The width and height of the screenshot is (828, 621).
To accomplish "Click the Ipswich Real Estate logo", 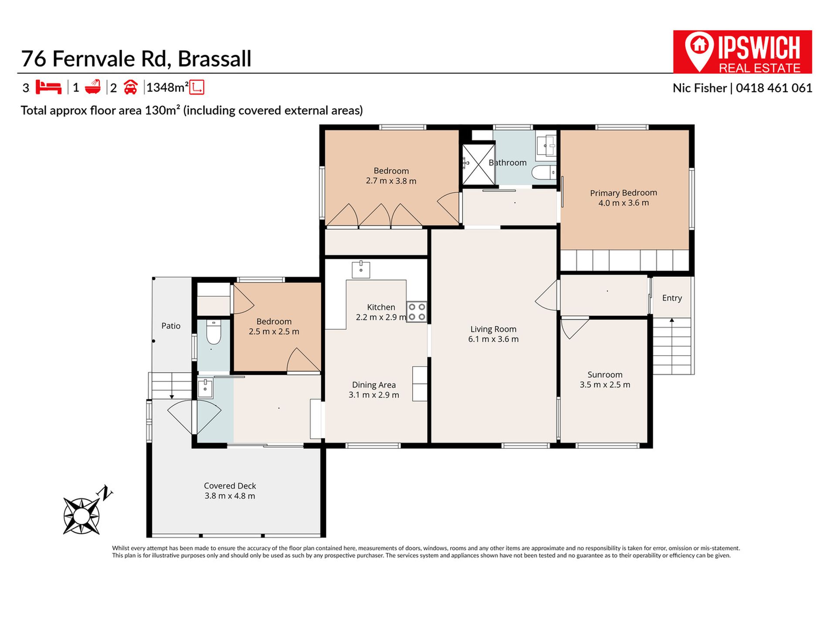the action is coord(742,52).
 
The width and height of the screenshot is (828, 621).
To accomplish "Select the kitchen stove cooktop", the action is coord(417,312).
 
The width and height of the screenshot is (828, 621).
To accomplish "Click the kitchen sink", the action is coord(361,269).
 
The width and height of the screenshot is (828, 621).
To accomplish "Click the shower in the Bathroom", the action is coord(478,164).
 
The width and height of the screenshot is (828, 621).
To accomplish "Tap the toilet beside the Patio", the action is coord(214,332).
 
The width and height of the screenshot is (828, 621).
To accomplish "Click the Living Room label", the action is coord(493,329).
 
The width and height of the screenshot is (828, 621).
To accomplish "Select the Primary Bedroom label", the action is coord(624,193).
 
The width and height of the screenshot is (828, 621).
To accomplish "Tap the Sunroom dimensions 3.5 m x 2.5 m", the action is coord(605,385).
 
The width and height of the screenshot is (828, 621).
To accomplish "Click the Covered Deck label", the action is coord(230,486).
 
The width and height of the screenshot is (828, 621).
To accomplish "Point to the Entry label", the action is coord(672,298).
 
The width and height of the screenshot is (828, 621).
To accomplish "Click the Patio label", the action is coord(171,326).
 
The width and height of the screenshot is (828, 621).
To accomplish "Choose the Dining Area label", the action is coord(374,385).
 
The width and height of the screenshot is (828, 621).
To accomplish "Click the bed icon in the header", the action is coord(48,87).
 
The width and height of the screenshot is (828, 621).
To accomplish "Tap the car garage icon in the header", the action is coord(130,88).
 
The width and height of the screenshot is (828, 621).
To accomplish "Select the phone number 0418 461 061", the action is coord(774,88).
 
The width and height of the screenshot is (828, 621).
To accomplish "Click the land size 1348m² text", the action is coord(167,88).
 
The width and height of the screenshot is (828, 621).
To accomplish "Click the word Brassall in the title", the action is coord(214,59).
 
